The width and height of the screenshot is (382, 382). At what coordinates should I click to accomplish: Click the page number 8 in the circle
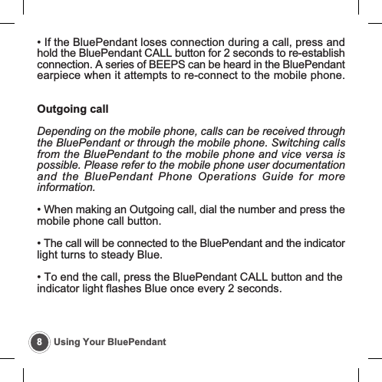[x=40, y=341]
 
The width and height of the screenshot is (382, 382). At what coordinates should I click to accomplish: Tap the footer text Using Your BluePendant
[x=110, y=341]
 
